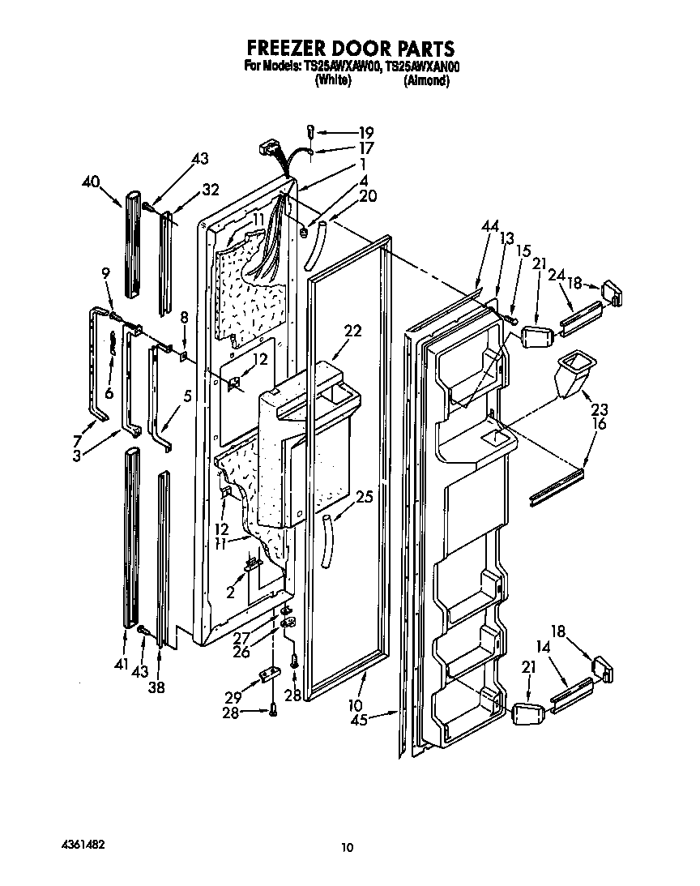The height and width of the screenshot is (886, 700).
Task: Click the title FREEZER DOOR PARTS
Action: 349,49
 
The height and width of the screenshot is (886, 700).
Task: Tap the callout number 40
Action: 91,182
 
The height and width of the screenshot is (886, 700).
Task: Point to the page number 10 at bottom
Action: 347,848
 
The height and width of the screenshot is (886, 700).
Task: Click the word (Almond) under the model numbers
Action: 425,81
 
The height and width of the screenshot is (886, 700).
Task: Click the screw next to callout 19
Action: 310,131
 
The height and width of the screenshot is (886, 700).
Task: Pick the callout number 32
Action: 211,190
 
